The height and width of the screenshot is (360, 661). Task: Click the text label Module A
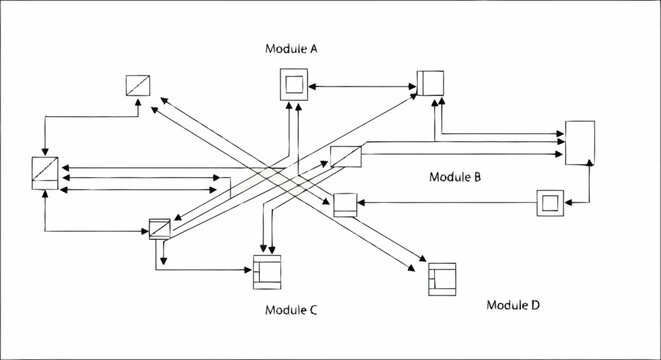point(292,48)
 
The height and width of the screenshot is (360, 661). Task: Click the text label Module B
point(455,177)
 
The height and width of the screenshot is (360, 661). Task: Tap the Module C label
point(291,310)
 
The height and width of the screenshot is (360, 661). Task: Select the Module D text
point(513,303)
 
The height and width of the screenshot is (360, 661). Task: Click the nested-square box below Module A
point(294,86)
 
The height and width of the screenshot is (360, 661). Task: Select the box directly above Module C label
point(268,270)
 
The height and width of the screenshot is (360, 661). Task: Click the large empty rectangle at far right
point(580,143)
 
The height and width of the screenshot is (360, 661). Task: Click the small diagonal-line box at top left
point(137,86)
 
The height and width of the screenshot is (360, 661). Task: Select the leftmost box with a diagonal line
point(45,172)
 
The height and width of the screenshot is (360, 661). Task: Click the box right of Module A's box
point(431,84)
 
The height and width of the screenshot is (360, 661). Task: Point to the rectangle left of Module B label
point(344,157)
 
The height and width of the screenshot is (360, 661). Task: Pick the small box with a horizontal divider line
point(345,205)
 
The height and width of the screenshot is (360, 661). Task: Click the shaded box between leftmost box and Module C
point(159,228)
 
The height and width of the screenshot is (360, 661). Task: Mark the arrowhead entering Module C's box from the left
point(247,269)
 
